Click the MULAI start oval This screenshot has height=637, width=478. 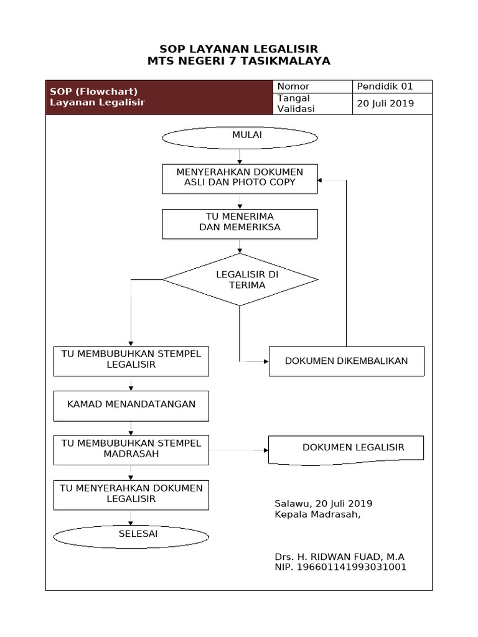240,137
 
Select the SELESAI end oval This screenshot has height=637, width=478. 131,536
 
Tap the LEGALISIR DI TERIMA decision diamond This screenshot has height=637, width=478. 240,280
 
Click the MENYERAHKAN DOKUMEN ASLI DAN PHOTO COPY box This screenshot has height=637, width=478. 240,179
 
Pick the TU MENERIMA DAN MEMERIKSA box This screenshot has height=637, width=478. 240,223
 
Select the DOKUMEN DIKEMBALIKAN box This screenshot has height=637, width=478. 346,361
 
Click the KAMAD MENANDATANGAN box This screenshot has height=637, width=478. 131,406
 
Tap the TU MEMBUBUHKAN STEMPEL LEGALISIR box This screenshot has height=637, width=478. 131,361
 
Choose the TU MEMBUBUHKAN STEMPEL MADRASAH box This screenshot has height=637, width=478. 131,450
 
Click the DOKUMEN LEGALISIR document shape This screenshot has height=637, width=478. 346,449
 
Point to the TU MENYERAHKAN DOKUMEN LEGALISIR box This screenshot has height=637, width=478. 131,495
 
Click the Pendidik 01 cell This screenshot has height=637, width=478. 392,86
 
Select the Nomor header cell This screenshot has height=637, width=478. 313,86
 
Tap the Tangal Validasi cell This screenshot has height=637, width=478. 313,104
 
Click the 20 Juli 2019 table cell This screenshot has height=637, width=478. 392,104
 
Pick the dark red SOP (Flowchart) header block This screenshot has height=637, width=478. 159,98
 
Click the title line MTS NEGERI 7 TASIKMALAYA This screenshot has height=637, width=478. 239,62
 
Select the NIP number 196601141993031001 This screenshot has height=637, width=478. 340,567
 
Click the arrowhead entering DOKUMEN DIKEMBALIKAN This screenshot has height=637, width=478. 265,361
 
